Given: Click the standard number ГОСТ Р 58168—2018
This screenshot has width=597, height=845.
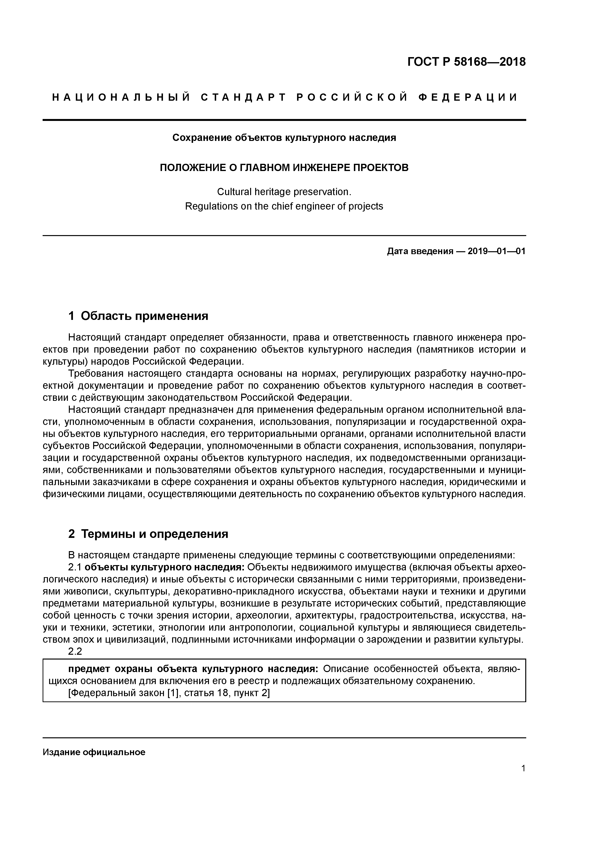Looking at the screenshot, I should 467,62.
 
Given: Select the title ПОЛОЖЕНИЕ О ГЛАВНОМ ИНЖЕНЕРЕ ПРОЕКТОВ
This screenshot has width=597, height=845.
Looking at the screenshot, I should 284,168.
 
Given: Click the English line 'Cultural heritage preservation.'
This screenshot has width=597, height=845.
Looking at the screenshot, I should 284,192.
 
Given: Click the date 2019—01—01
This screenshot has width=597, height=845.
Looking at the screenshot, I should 497,251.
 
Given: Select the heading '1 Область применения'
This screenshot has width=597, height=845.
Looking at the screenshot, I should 138,316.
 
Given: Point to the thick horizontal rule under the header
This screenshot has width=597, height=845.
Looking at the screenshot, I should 284,120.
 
